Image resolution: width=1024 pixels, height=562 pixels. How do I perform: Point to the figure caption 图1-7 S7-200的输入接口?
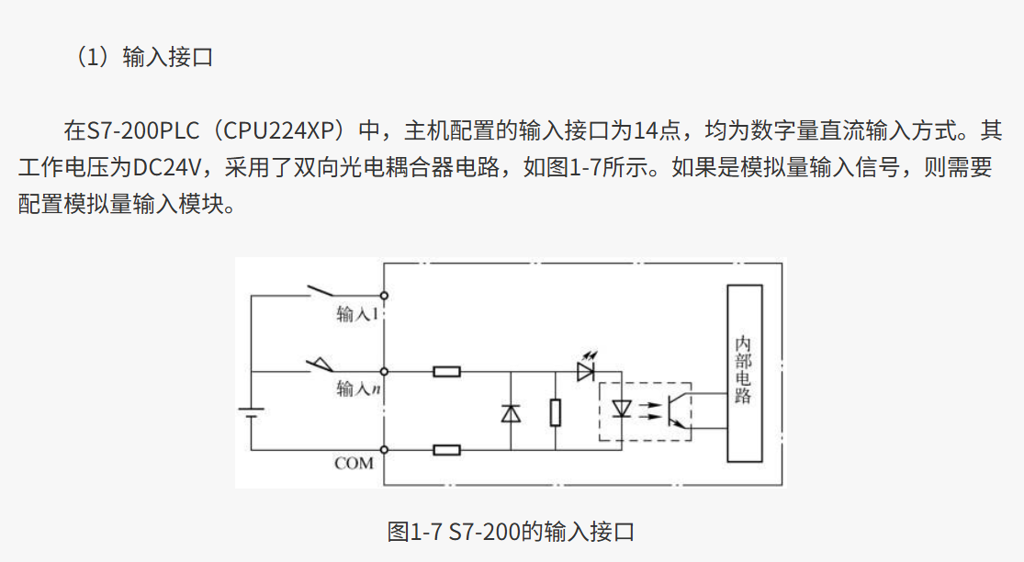pos(511,532)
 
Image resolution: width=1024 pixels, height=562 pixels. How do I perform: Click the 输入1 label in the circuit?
pos(358,314)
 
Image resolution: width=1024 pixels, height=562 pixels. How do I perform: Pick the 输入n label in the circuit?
pos(358,388)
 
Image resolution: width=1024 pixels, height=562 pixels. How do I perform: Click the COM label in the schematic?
pos(354,464)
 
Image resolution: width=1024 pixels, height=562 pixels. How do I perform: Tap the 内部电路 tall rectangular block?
pos(744,373)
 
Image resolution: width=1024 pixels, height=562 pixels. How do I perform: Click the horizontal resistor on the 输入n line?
pos(447,372)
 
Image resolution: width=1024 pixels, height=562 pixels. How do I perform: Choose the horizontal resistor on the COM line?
pos(447,450)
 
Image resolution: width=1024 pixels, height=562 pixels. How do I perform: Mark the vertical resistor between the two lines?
pos(556,412)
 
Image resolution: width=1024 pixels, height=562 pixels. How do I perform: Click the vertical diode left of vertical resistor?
pos(511,412)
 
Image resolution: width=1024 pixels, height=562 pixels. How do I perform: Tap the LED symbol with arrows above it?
pos(586,370)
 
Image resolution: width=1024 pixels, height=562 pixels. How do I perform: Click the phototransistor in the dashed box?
pos(676,410)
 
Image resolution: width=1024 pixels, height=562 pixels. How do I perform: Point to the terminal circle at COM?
pos(384,450)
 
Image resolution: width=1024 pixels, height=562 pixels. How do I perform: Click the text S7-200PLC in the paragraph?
pos(137,129)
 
